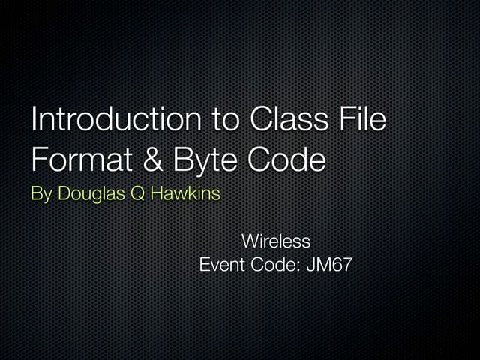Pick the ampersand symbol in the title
pos(149,160)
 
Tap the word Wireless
pos(275,241)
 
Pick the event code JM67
pos(329,265)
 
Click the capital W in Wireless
pos(250,241)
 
